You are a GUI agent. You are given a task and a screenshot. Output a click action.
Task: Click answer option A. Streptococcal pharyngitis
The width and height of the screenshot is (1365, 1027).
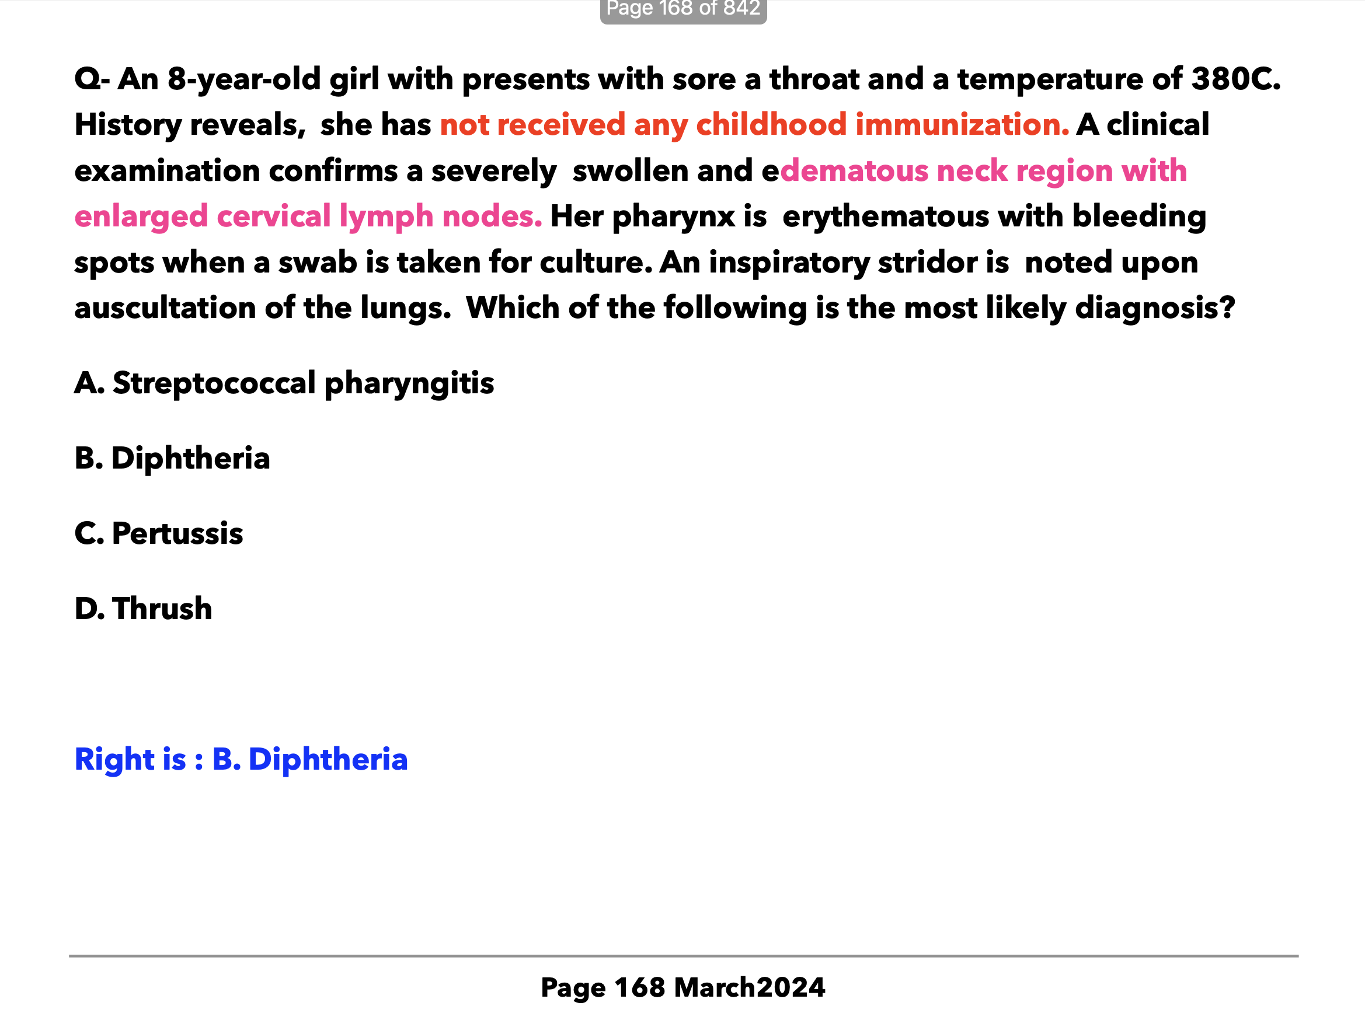click(284, 383)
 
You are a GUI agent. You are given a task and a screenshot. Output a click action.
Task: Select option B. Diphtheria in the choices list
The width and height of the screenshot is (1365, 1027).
click(172, 459)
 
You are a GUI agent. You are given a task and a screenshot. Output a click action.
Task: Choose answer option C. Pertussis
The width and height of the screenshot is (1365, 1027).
click(159, 533)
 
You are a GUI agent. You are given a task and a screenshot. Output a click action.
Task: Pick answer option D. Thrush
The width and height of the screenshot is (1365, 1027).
click(143, 609)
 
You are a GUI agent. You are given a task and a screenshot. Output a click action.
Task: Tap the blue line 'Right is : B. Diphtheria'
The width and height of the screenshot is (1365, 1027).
click(241, 759)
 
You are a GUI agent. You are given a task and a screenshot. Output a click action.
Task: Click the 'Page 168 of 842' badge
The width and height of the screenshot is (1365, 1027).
click(682, 9)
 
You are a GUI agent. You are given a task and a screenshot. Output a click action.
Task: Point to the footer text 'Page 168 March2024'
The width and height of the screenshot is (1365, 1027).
click(682, 987)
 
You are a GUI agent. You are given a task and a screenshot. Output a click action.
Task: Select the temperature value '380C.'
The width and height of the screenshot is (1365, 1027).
click(1235, 79)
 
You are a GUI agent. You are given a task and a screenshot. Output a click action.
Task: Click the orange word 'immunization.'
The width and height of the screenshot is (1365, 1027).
click(962, 125)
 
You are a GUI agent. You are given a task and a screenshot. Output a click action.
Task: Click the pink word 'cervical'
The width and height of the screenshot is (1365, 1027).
click(274, 216)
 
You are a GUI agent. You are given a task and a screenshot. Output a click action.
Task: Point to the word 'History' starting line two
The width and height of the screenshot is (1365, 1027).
click(128, 125)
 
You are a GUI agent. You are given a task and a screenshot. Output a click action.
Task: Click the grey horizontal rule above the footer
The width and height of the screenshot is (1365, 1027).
click(682, 956)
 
